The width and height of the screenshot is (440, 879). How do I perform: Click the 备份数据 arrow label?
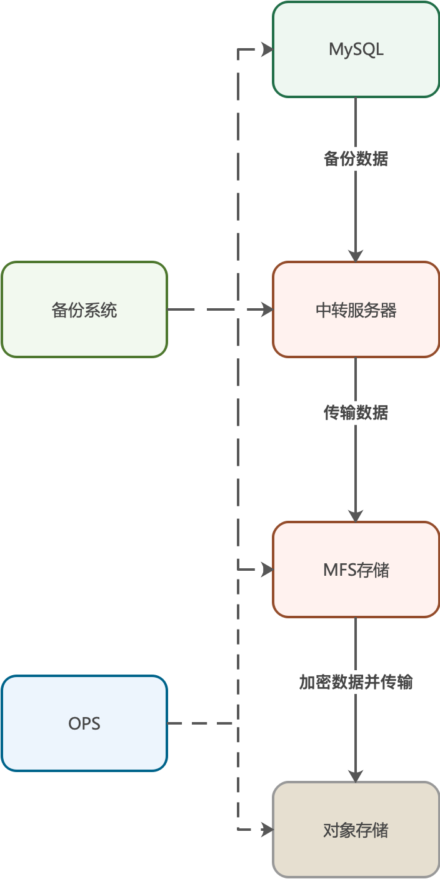[356, 159]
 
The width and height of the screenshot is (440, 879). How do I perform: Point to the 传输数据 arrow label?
[356, 413]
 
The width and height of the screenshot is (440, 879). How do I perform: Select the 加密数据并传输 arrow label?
[356, 683]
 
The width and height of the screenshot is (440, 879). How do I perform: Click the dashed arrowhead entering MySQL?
[267, 49]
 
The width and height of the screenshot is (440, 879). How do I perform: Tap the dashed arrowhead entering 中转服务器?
[267, 309]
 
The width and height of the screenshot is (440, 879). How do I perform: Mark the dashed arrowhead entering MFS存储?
[267, 570]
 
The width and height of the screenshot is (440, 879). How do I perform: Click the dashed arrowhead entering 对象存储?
[267, 830]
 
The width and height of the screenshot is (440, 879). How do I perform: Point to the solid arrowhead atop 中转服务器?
[356, 256]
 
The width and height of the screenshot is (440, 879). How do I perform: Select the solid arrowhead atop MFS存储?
[356, 516]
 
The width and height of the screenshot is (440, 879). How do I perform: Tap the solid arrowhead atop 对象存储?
[356, 776]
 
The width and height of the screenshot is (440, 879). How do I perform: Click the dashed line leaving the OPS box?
[200, 723]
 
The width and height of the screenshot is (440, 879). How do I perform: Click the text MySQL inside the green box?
[356, 49]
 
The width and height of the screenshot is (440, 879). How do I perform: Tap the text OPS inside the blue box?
[84, 723]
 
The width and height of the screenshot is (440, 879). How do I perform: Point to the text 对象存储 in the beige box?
[356, 830]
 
